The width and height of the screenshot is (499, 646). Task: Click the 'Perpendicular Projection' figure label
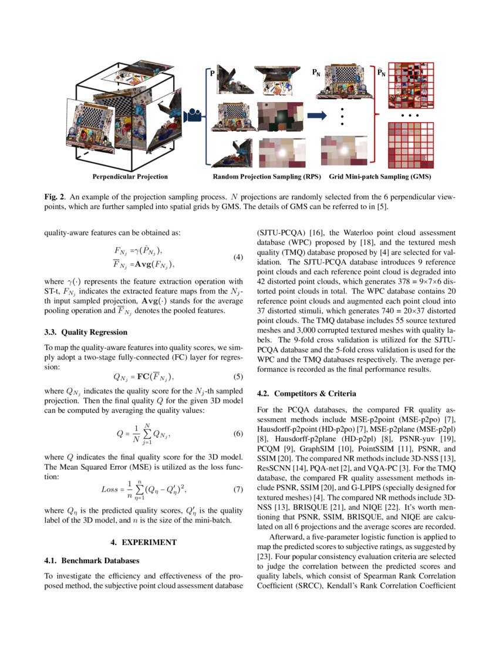tap(130, 177)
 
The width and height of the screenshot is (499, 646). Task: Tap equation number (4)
tap(238, 257)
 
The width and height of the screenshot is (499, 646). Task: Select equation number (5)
tap(238, 376)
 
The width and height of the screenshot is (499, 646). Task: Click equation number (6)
tap(238, 434)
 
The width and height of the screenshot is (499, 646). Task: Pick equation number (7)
tap(238, 489)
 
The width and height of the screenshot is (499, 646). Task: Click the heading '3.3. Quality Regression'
tap(86, 332)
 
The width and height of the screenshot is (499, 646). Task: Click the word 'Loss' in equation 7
tap(110, 489)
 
